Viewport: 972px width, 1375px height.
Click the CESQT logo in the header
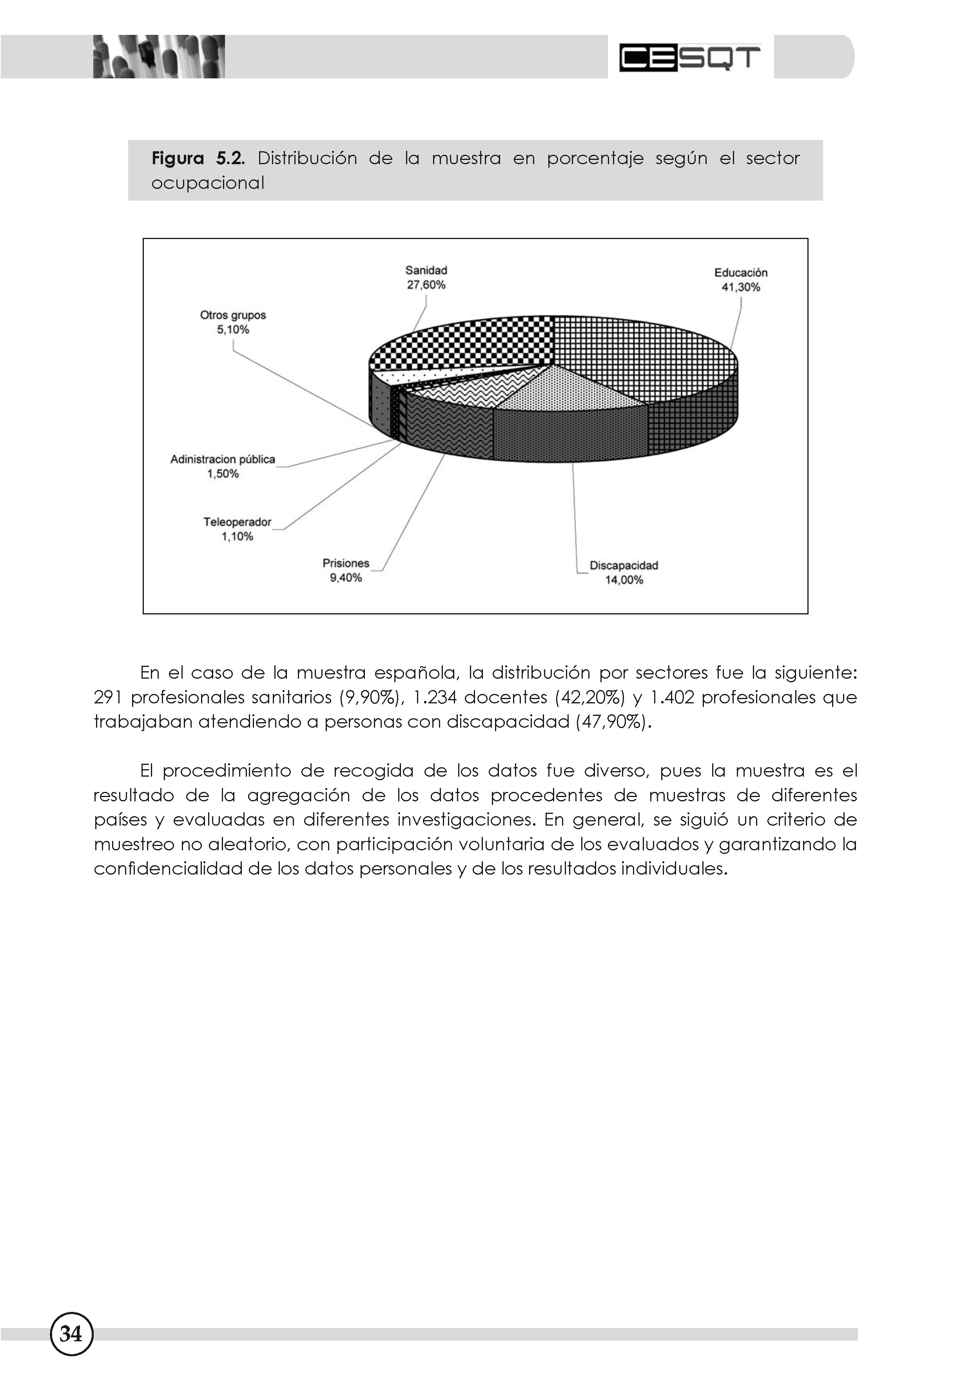coord(689,58)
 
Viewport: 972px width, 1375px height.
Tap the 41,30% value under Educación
coord(740,288)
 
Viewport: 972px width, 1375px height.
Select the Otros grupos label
coord(232,315)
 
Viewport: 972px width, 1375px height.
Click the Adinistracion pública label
coord(222,459)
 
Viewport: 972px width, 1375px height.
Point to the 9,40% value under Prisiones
coord(346,578)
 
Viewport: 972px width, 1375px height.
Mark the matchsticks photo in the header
coord(159,57)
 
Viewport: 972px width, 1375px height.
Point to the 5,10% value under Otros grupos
coord(232,330)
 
